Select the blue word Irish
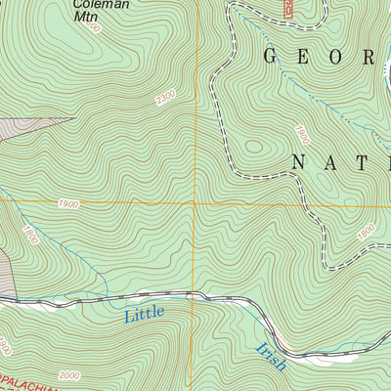coord(271,355)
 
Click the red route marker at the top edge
coord(289,8)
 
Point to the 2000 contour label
coord(68,375)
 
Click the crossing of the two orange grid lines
coord(194,203)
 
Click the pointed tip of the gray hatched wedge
coord(74,118)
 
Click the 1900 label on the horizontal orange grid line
coord(67,203)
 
